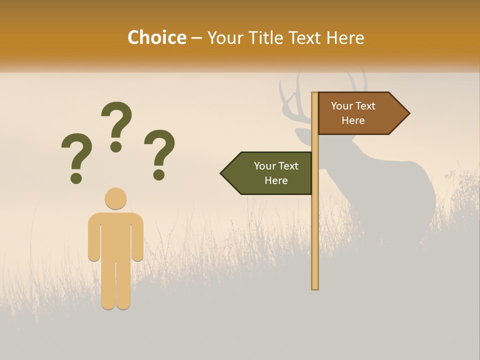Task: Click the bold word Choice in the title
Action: [x=156, y=37]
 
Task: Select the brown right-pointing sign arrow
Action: [x=360, y=113]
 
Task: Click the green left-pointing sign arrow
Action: [x=270, y=173]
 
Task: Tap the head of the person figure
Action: [x=115, y=198]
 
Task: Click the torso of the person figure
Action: [x=115, y=235]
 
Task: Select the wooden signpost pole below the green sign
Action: [x=315, y=240]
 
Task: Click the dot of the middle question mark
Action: [x=116, y=146]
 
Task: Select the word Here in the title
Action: [x=345, y=37]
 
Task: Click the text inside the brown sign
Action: [x=353, y=113]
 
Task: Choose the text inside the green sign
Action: [x=276, y=173]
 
